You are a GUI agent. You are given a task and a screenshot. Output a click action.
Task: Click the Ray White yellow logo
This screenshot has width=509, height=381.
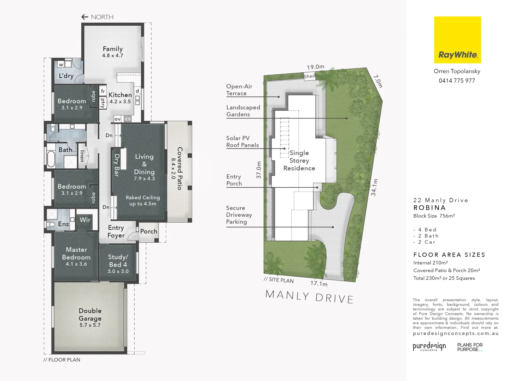[x=457, y=40]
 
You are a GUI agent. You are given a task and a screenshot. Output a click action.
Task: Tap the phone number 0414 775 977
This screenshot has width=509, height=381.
[x=457, y=81]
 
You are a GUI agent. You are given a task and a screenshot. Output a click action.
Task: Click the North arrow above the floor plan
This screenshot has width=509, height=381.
[x=84, y=17]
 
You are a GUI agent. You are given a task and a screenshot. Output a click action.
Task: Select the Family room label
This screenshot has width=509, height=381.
[x=113, y=49]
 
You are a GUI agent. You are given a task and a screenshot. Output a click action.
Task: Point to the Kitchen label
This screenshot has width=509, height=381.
[x=120, y=95]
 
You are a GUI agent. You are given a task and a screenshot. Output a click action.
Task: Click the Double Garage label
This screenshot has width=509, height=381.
[x=90, y=315]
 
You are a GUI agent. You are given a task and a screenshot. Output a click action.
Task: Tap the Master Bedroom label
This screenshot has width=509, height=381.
[x=76, y=254]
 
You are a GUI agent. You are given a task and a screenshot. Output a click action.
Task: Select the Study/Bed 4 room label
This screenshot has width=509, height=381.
[x=118, y=261]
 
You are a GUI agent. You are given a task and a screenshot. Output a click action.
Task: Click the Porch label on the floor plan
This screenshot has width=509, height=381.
[x=148, y=231]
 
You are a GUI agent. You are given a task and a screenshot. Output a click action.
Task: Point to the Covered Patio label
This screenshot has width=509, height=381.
[x=180, y=168]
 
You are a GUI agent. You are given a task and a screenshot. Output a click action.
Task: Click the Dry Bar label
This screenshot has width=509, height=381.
[x=117, y=165]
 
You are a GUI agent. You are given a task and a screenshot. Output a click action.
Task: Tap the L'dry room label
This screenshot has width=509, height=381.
[x=66, y=76]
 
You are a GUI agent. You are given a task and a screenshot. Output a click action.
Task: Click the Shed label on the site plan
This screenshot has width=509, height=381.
[x=309, y=76]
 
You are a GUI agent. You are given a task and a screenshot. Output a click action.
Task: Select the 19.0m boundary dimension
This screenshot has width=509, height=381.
[x=315, y=67]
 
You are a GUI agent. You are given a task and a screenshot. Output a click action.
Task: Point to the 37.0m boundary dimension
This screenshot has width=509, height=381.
[x=259, y=170]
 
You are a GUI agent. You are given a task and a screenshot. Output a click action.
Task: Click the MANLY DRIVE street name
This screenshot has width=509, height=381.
[x=309, y=297]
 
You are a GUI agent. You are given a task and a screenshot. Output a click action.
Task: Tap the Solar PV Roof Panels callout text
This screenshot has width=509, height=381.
[x=242, y=142]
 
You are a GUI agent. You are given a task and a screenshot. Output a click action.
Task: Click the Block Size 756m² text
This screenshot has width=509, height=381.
[x=434, y=216]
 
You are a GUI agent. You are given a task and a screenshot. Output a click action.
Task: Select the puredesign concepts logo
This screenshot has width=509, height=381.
[x=429, y=346]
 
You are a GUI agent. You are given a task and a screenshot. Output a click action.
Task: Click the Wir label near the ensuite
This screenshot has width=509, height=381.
[x=85, y=220]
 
